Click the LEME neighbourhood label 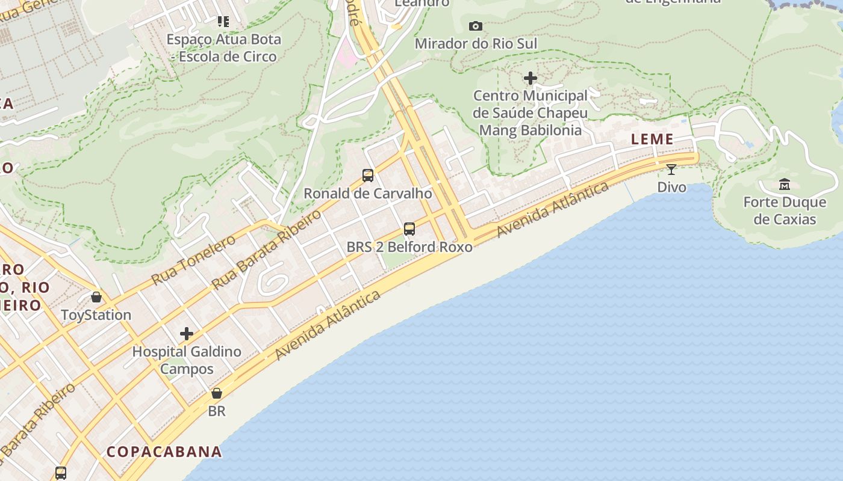tap(652, 139)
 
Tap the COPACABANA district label tap(164, 452)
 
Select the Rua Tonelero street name tap(193, 260)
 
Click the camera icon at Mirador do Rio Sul tap(476, 26)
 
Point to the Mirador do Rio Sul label tap(476, 43)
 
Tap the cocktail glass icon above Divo tap(671, 169)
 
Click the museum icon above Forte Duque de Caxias tap(785, 184)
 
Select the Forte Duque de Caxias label tap(785, 210)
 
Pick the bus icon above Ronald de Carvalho tap(368, 176)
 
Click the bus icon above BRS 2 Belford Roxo tap(409, 228)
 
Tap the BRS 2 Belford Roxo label tap(409, 247)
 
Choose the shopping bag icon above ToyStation tap(96, 297)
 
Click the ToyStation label tap(96, 314)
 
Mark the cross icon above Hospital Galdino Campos tap(187, 334)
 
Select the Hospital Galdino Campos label tap(187, 360)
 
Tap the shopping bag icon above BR tap(217, 393)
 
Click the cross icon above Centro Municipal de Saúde tap(530, 78)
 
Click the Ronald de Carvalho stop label tap(368, 194)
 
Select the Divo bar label tap(671, 187)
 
